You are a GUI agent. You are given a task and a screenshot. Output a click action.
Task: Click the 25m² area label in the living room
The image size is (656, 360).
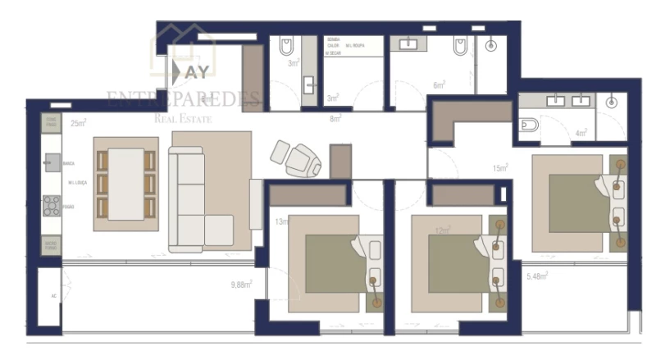click(x=79, y=124)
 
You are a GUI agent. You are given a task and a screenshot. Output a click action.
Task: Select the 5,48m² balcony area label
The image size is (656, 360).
click(x=537, y=276)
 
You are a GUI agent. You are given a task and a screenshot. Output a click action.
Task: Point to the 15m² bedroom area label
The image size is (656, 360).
click(x=499, y=168)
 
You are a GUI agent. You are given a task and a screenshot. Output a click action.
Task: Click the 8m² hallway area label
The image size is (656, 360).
click(x=335, y=119)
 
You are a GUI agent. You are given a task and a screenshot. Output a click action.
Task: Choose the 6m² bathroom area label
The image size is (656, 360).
click(x=439, y=84)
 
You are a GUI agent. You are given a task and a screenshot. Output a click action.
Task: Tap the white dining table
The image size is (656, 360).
click(x=125, y=182)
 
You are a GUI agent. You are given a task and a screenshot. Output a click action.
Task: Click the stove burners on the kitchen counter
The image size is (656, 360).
click(x=51, y=205)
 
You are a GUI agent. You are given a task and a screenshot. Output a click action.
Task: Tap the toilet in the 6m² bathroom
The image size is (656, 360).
click(x=460, y=46)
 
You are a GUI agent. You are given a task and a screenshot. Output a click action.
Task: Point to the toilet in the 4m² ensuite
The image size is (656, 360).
click(x=529, y=125)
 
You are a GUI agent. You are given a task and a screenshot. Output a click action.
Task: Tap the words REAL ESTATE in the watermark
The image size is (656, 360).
click(x=184, y=120)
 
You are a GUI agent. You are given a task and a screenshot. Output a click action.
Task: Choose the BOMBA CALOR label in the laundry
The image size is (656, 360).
click(x=334, y=43)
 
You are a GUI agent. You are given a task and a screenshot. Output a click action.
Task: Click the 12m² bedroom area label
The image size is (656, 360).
click(x=442, y=231)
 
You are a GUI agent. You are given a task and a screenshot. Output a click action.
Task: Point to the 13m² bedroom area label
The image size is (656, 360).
click(x=281, y=221)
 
